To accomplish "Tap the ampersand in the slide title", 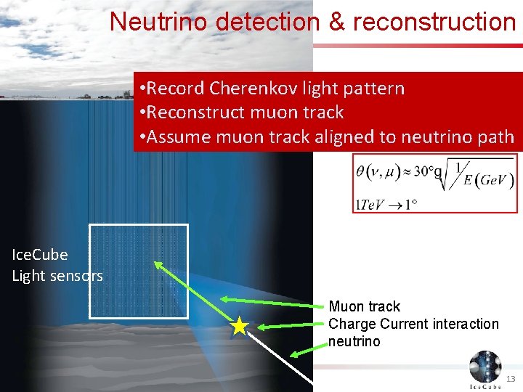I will click(337, 22).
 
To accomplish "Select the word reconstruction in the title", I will click(434, 22).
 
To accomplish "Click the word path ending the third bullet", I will click(493, 136).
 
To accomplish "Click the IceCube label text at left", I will click(40, 255).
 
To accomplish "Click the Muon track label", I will click(364, 306).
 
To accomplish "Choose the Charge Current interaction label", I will click(413, 324).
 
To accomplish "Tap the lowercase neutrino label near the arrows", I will click(354, 341).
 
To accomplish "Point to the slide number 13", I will click(511, 380).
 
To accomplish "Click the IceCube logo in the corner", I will click(485, 369).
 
